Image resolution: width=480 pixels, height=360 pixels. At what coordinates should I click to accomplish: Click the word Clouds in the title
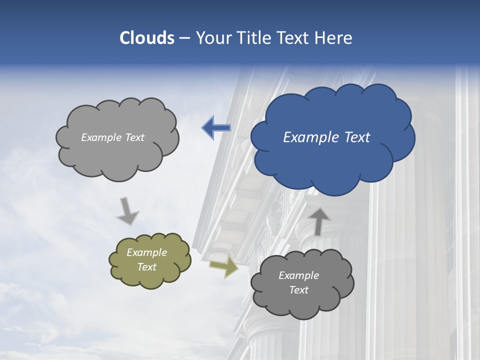[147, 38]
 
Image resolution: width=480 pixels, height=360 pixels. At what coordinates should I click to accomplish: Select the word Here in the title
[334, 38]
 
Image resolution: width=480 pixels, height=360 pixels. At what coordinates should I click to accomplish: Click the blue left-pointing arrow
[216, 128]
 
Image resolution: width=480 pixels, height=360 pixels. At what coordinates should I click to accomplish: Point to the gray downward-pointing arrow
[128, 211]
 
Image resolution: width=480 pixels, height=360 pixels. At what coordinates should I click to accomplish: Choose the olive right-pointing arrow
[223, 267]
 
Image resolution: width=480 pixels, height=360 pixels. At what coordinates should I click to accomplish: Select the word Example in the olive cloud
[146, 252]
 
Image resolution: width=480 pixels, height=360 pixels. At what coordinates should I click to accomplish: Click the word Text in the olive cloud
[146, 267]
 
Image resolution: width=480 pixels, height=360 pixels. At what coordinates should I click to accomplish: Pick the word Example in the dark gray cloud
[298, 275]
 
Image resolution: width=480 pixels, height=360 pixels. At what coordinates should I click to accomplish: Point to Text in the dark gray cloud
[298, 290]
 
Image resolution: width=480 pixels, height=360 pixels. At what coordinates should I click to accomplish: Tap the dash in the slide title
[184, 38]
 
